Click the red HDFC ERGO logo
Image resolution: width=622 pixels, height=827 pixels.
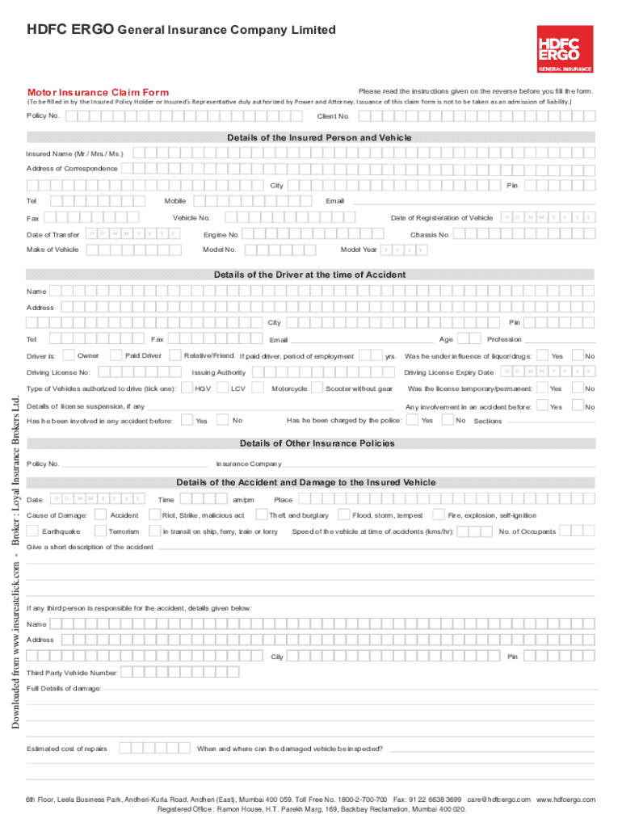[x=565, y=50]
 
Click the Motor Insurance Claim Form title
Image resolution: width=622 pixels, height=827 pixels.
[x=99, y=93]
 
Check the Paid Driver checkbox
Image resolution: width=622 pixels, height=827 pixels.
[x=116, y=355]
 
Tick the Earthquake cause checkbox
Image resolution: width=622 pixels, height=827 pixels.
[x=33, y=531]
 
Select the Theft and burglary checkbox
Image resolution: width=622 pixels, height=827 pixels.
[x=261, y=514]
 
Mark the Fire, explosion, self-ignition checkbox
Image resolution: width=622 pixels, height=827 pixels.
[x=439, y=514]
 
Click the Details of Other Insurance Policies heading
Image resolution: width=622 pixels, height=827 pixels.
[x=317, y=443]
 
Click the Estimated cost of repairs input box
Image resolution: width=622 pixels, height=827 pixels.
[x=153, y=749]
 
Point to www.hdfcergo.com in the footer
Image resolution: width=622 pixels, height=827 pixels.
[x=565, y=799]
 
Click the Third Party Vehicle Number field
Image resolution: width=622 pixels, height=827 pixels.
[x=202, y=672]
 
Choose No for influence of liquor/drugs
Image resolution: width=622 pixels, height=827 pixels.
[x=578, y=355]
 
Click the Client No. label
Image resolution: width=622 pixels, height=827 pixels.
[x=334, y=117]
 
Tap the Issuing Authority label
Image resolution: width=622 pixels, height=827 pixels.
[x=218, y=372]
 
